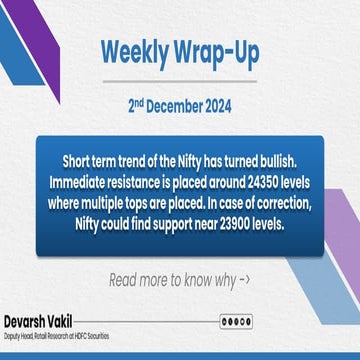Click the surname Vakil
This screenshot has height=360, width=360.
point(82,322)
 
